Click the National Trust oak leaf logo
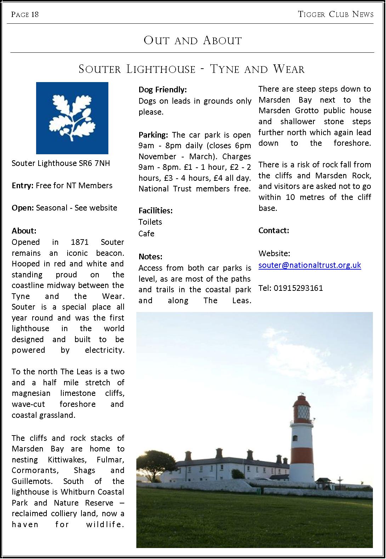pyautogui.click(x=72, y=118)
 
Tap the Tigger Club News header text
pyautogui.click(x=336, y=14)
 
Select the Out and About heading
pyautogui.click(x=193, y=40)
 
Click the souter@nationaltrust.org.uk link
pyautogui.click(x=310, y=265)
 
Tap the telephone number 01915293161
pyautogui.click(x=298, y=288)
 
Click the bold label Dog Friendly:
pyautogui.click(x=163, y=90)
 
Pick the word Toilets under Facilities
pyautogui.click(x=150, y=222)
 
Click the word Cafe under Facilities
pyautogui.click(x=146, y=234)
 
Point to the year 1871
pyautogui.click(x=80, y=242)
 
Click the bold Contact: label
pyautogui.click(x=274, y=230)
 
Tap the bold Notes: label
pyautogui.click(x=151, y=257)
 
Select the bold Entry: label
pyautogui.click(x=23, y=185)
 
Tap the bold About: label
pyautogui.click(x=24, y=231)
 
